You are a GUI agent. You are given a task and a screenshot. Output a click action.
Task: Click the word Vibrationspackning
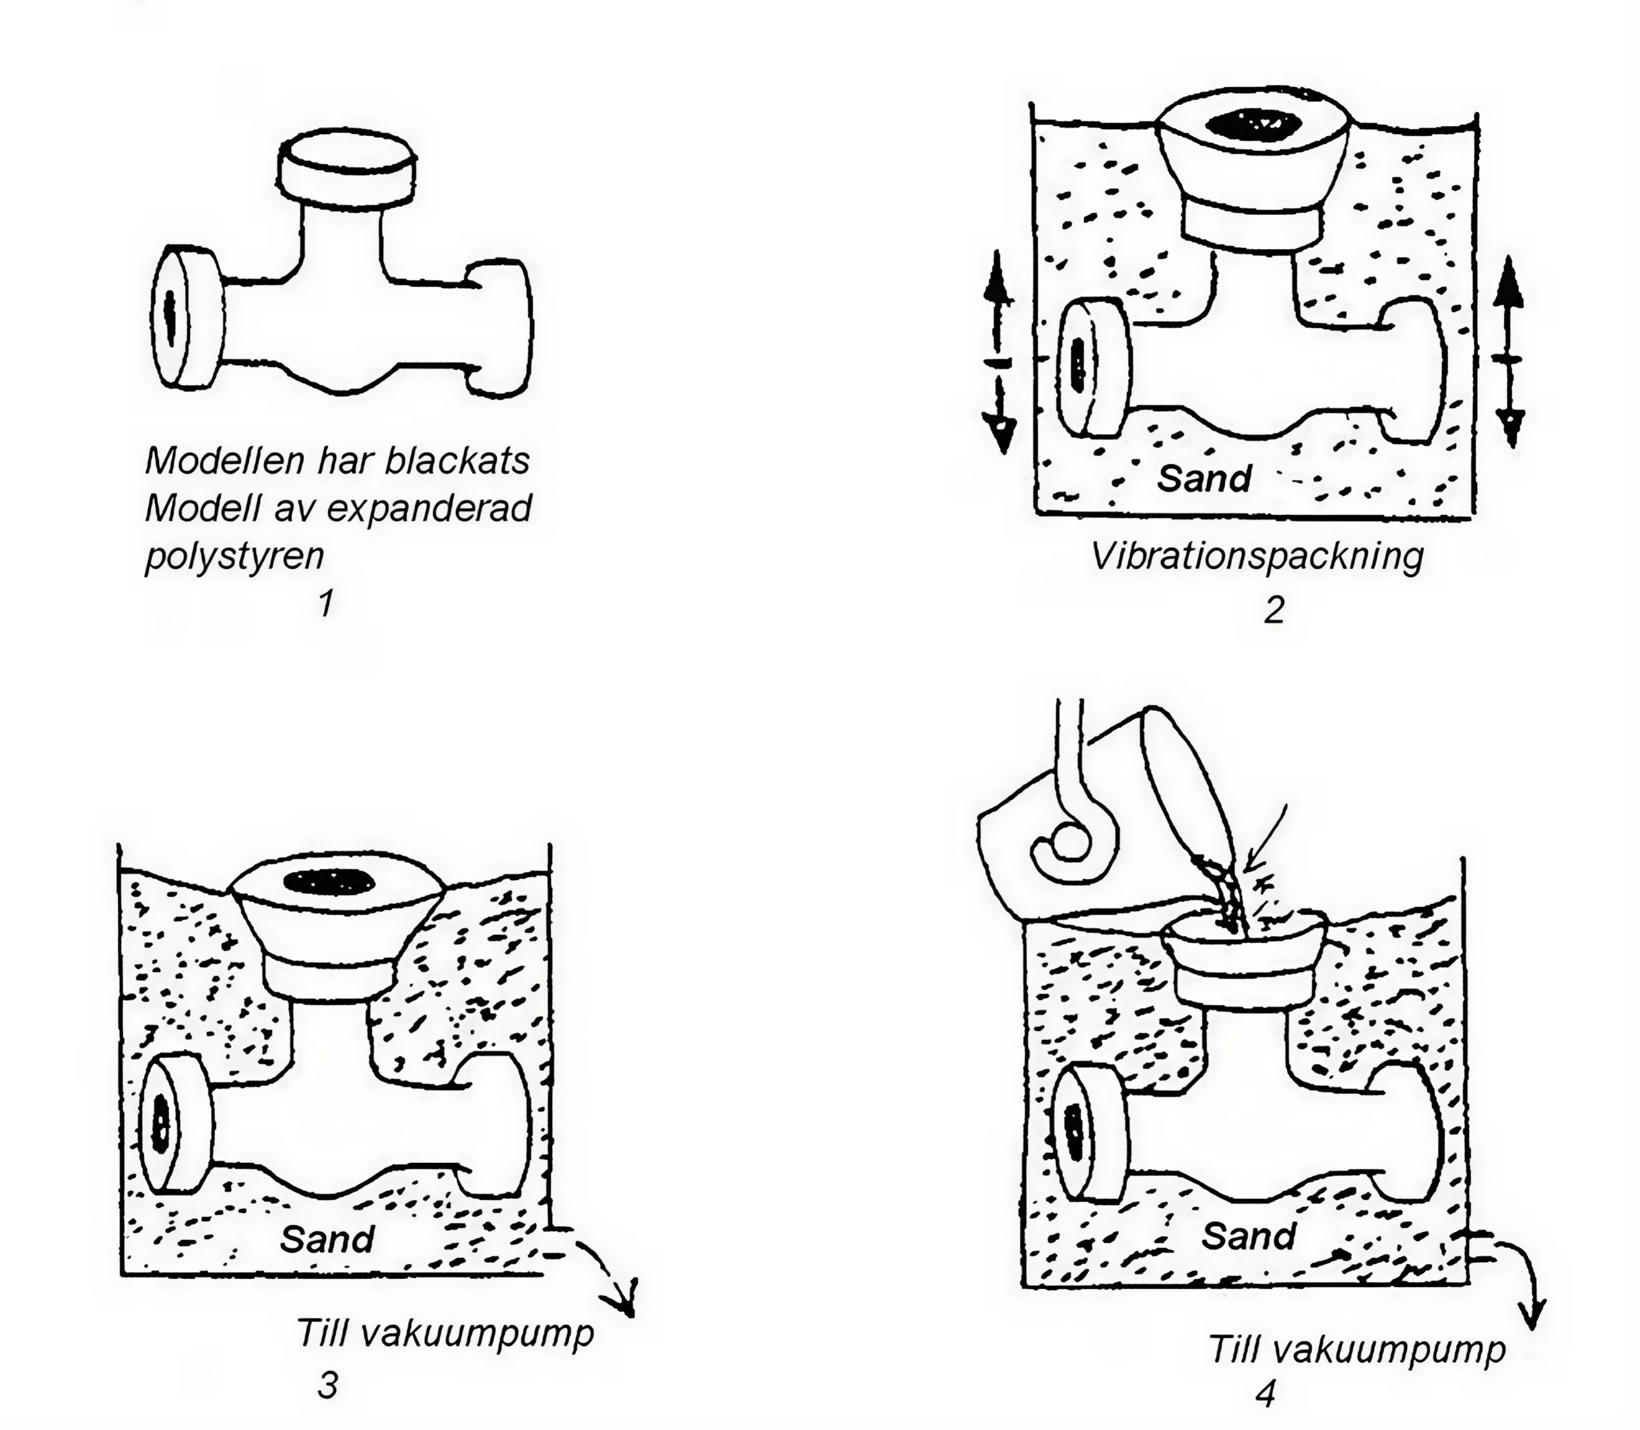coord(1257,557)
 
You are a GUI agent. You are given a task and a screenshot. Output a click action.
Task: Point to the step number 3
coord(328,1385)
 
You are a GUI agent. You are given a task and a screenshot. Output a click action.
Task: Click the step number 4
coord(1266,1393)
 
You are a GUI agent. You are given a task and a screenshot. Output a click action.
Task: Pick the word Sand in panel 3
coord(327,1238)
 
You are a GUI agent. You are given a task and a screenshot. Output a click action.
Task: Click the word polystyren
coord(234,556)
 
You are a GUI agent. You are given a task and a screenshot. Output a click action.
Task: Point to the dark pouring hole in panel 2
coord(1253,124)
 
